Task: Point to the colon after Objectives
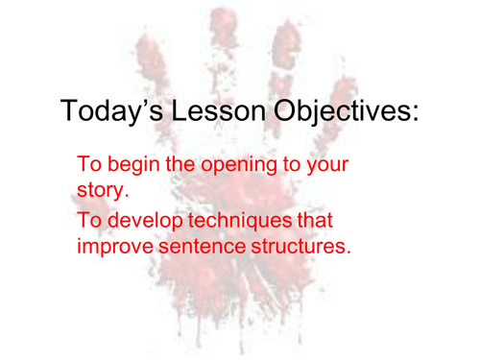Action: [416, 116]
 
